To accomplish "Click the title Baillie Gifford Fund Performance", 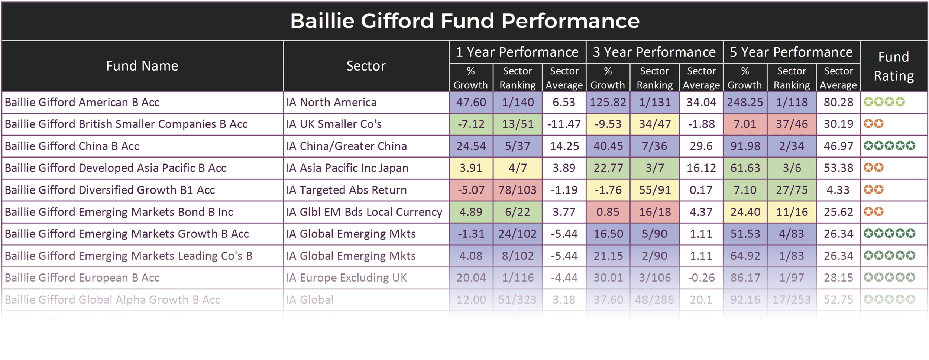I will pos(464,21).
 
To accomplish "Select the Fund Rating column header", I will pos(893,66).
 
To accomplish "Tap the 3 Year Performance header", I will pos(654,52).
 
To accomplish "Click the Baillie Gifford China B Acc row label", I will pos(72,146).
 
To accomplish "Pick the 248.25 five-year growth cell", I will pos(745,102).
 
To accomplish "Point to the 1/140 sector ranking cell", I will pos(517,102).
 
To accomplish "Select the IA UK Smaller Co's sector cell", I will pos(334,124).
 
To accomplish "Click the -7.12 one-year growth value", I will pos(471,124).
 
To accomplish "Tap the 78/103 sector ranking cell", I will pos(517,190).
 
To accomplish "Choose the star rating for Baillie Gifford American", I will pos(884,102).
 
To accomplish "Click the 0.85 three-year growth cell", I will pos(608,212).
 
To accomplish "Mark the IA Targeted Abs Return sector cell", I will pos(346,190).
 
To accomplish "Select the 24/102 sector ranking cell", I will pos(517,234).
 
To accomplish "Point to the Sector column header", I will pos(366,66).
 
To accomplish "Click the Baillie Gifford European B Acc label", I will pos(82,278).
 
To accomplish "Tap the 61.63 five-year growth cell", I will pos(745,168).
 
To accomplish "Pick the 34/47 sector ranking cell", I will pos(654,124).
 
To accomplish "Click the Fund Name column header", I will pos(142,66).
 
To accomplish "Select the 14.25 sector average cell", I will pos(564,146).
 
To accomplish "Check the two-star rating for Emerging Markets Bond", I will pos(873,212).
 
